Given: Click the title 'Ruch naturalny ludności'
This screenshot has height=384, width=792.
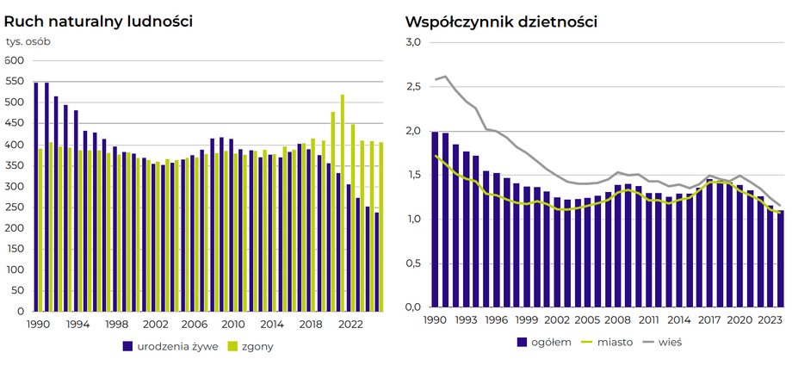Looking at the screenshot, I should click(99, 20).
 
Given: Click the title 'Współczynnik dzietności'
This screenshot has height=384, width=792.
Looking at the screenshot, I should click(501, 21).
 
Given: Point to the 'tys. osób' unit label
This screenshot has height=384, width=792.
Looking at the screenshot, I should click(28, 41).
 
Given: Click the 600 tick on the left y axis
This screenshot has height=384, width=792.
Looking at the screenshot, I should click(15, 61).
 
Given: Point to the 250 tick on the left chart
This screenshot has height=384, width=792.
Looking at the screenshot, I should click(15, 207).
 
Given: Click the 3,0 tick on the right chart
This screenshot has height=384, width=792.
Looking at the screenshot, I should click(412, 42).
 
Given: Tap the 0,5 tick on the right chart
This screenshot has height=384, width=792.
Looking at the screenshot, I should click(412, 263).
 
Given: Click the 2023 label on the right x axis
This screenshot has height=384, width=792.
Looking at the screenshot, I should click(770, 320).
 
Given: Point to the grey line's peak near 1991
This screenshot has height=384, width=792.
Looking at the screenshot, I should click(445, 77).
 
